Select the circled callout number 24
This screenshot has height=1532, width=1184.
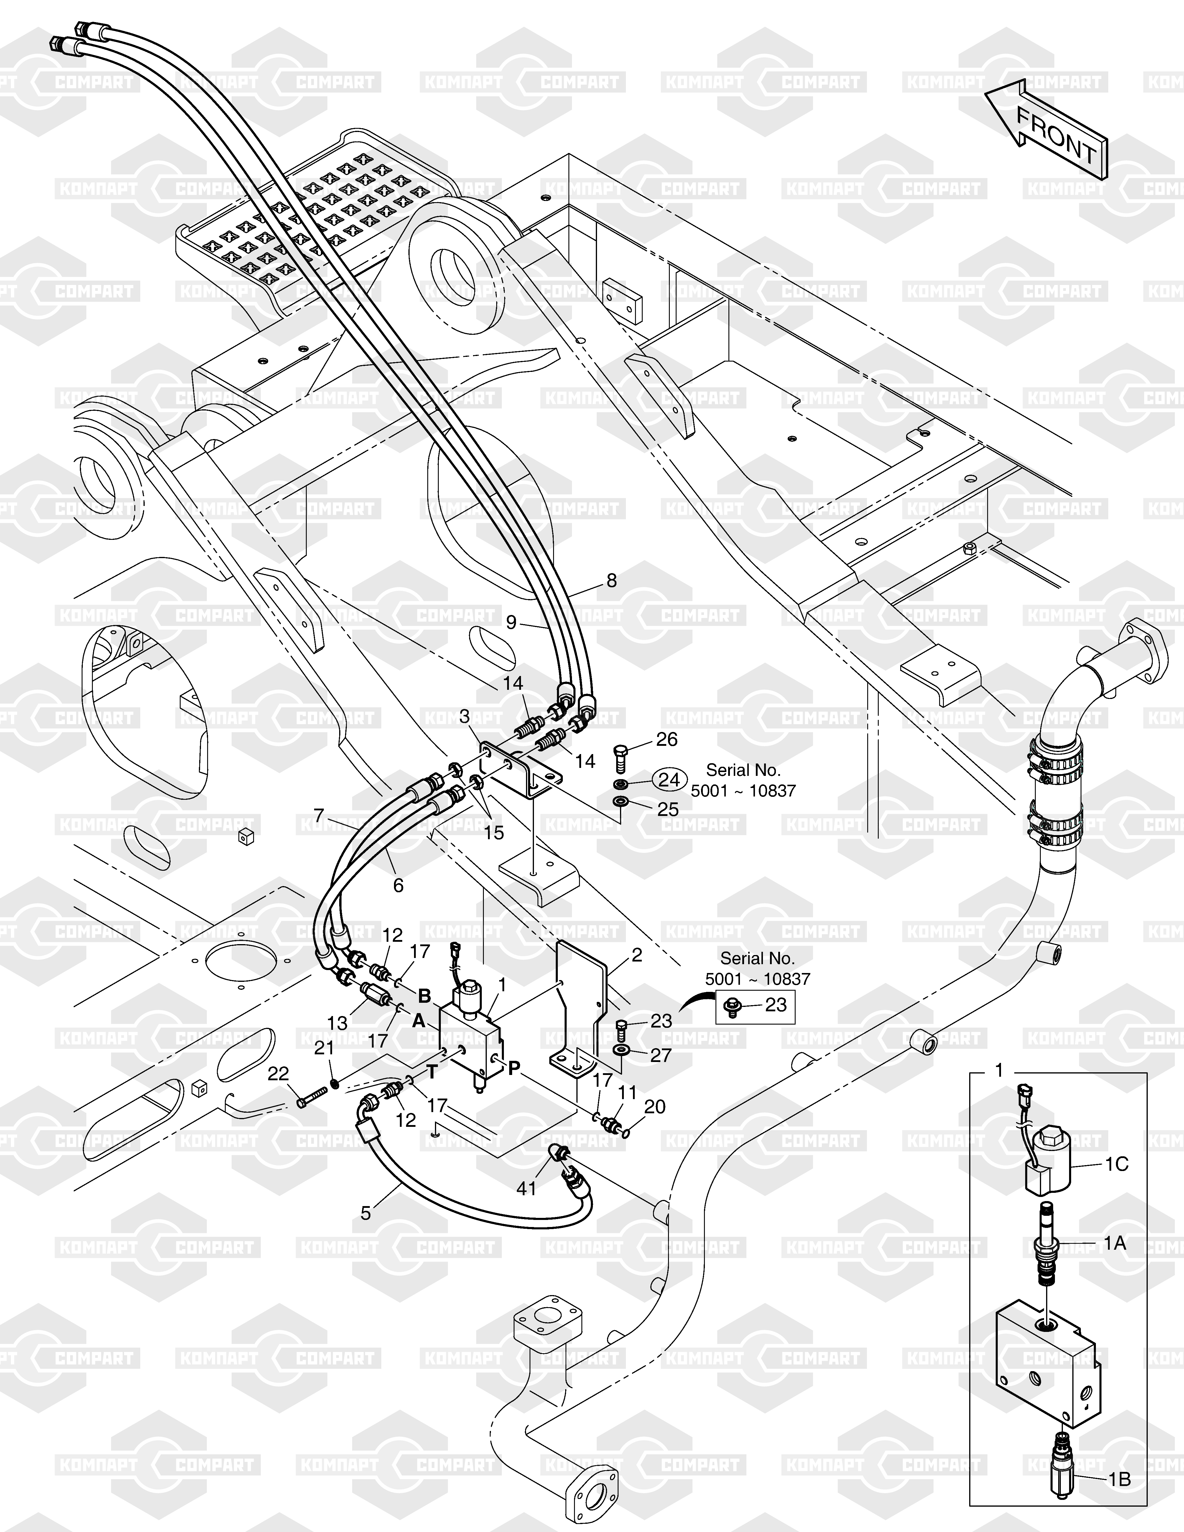click(x=670, y=779)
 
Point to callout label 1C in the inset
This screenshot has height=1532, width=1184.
click(x=1117, y=1165)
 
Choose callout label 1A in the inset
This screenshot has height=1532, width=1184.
click(x=1114, y=1244)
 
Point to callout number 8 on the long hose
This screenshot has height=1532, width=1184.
click(x=612, y=581)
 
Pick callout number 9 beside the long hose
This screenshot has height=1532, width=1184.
click(x=511, y=622)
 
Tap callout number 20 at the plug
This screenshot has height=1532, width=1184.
click(x=654, y=1107)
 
